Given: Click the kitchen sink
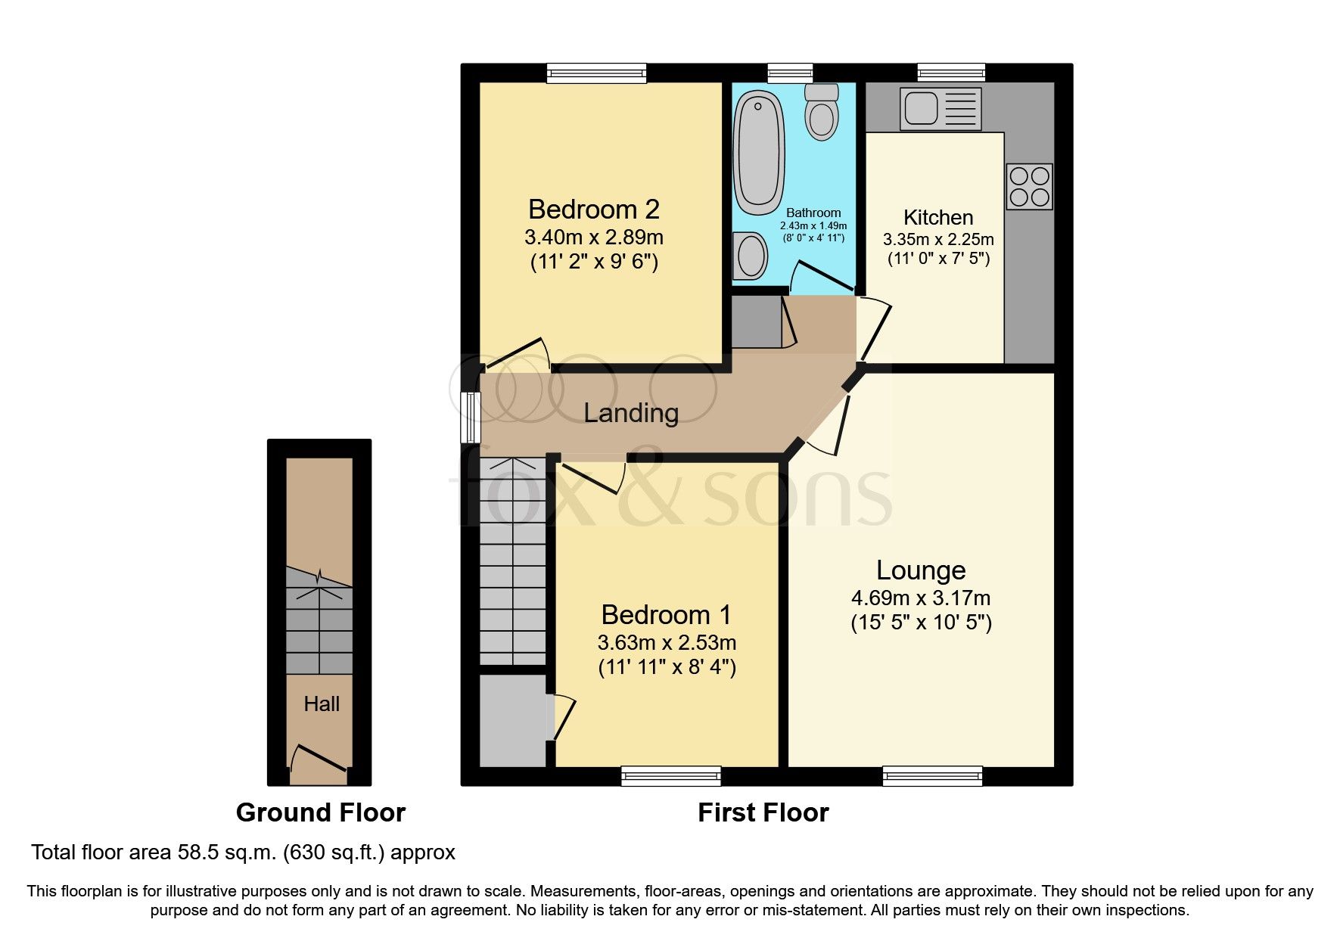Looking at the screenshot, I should pos(940,107).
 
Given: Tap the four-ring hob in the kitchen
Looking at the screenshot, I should pos(1029,187).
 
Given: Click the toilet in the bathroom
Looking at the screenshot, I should pos(822,113).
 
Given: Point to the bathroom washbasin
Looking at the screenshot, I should pos(749,256).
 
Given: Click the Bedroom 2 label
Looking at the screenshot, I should pos(593,209).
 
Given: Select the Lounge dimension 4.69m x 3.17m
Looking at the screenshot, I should pos(920,598).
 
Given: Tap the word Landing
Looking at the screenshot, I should pos(630,413).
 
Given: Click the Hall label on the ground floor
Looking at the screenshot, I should pos(321,704).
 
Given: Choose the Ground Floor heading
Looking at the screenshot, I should pos(320,812).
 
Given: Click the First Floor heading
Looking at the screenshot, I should pos(763,812).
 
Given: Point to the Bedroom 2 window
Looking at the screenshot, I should pos(597,73).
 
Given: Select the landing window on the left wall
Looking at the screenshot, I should pos(471,417).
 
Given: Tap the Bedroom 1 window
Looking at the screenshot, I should pos(670,775).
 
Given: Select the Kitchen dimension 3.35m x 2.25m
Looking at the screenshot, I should pos(937,240).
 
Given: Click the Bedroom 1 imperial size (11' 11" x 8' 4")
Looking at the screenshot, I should pos(667,668).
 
